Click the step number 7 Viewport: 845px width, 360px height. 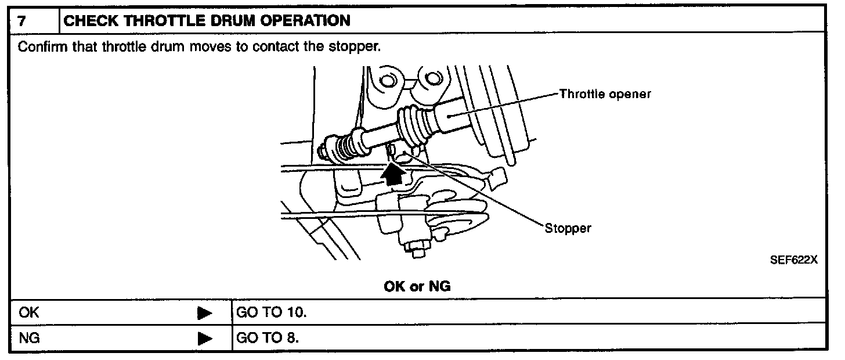pyautogui.click(x=21, y=21)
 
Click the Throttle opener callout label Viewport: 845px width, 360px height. pyautogui.click(x=605, y=94)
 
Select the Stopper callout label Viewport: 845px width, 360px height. pyautogui.click(x=568, y=228)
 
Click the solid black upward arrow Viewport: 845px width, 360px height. pyautogui.click(x=395, y=172)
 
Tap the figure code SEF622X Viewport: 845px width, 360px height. pyautogui.click(x=793, y=260)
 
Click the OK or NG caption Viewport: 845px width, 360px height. pyautogui.click(x=417, y=286)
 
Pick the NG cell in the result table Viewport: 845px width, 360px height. pyautogui.click(x=29, y=337)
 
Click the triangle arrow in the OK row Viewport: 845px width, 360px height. pyautogui.click(x=204, y=313)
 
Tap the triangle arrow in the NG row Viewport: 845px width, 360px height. pyautogui.click(x=204, y=338)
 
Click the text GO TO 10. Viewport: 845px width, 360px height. pyautogui.click(x=271, y=312)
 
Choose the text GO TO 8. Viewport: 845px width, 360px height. pyautogui.click(x=268, y=337)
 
